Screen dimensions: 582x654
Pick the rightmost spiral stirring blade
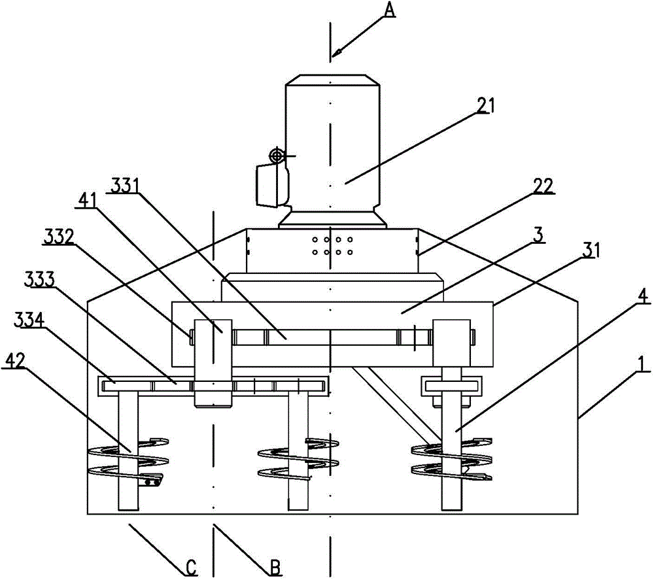pos(451,461)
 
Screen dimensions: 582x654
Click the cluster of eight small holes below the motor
pos(333,246)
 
